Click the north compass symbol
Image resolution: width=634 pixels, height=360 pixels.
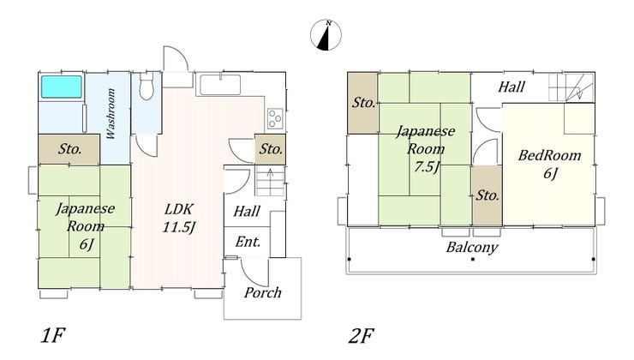[x=326, y=35]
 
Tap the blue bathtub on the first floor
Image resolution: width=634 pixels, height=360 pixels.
[x=62, y=87]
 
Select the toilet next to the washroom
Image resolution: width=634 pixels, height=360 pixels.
[x=146, y=86]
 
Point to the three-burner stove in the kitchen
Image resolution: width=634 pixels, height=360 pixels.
[x=275, y=118]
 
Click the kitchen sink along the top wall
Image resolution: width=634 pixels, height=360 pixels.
[x=220, y=84]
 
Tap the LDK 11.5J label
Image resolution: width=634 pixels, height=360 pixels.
[x=179, y=218]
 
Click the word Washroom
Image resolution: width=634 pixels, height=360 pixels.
[x=111, y=114]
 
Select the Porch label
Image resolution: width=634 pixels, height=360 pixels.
[x=262, y=292]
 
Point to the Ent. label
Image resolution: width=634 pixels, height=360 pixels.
[x=248, y=242]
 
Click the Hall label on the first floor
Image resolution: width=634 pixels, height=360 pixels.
[x=247, y=211]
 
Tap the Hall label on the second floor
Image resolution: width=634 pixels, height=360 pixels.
[x=511, y=87]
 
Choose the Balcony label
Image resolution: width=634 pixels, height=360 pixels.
[x=472, y=247]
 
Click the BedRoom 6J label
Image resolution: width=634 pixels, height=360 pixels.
[x=549, y=165]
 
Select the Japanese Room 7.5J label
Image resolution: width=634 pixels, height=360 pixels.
[x=425, y=148]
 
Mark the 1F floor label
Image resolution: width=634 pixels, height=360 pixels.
[x=53, y=335]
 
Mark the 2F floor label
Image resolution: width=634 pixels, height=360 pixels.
[x=361, y=336]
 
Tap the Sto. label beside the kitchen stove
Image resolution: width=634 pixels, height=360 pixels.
[x=271, y=149]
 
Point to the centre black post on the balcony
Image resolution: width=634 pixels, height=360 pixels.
[x=472, y=259]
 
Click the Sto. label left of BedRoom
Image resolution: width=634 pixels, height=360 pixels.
[x=487, y=195]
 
